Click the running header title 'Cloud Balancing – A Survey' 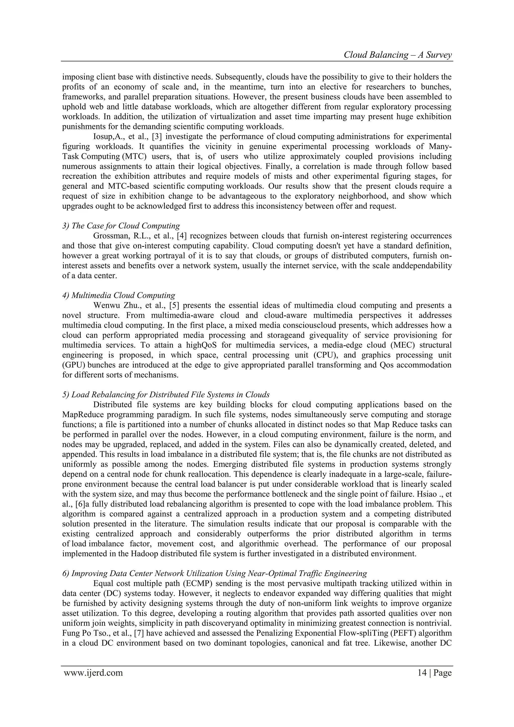tap(398, 55)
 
